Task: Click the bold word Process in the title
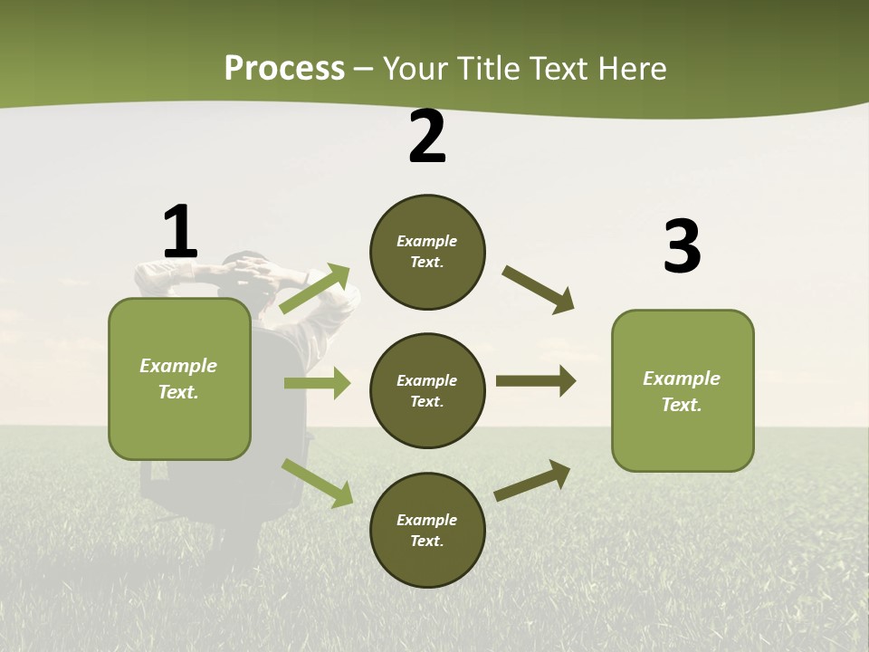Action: pos(284,69)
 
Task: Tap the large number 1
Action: pos(180,233)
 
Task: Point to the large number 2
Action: pos(427,138)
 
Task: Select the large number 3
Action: pos(682,247)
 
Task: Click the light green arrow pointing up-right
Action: pos(315,289)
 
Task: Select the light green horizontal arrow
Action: pos(318,383)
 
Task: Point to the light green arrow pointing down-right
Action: pos(318,483)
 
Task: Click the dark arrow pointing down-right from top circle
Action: pos(539,290)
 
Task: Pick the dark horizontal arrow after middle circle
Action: pos(536,380)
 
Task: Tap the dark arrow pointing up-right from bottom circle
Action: pos(532,480)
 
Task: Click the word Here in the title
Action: pos(633,69)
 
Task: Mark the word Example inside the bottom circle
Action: pos(427,520)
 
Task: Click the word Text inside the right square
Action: pos(682,405)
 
